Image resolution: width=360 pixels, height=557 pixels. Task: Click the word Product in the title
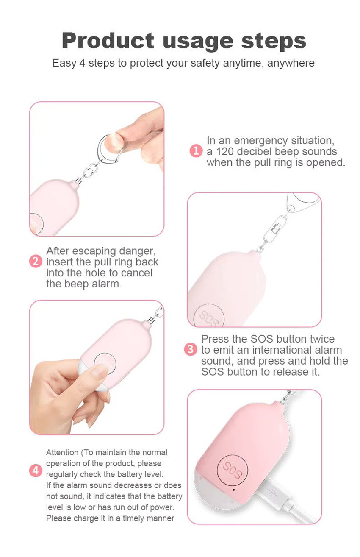[108, 41]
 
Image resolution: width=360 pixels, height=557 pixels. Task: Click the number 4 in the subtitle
[82, 63]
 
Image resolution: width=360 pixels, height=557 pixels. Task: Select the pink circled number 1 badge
[196, 151]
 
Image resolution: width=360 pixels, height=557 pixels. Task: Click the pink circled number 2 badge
[36, 262]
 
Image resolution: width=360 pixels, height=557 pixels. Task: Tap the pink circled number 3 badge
[191, 349]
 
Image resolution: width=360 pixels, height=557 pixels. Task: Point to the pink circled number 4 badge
[36, 471]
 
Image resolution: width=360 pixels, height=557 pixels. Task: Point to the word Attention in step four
[62, 452]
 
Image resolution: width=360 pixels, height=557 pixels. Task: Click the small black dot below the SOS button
[234, 490]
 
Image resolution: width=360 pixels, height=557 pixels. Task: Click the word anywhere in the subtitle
[291, 64]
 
